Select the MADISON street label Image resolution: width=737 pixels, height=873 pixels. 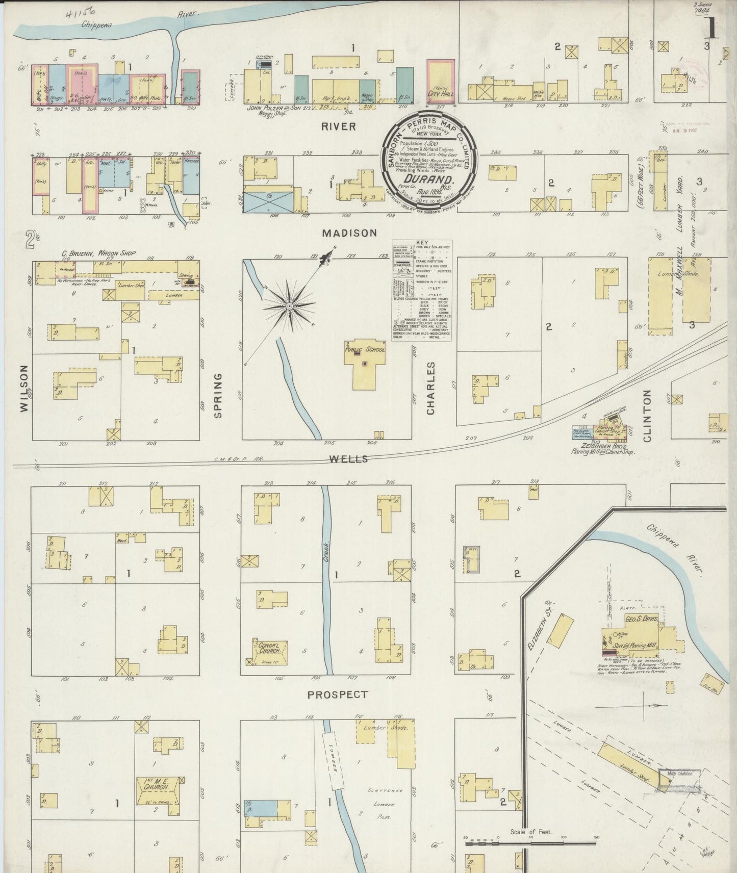(349, 233)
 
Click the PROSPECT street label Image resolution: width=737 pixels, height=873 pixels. (338, 694)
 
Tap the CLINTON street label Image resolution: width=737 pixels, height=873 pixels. (647, 415)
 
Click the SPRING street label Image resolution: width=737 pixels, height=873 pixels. (218, 395)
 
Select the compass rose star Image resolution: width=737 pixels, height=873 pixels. (289, 306)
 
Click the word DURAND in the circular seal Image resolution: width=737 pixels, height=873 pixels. (429, 179)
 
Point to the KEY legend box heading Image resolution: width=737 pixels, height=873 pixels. (422, 243)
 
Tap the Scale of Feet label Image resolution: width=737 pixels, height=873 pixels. (531, 832)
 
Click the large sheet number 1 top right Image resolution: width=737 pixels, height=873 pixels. (712, 30)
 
